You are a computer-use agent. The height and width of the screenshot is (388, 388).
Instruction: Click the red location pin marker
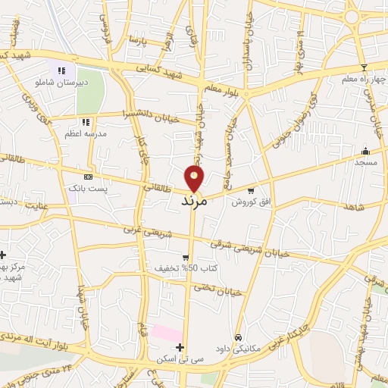(x=195, y=178)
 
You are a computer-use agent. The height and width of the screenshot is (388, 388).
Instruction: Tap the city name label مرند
(x=194, y=202)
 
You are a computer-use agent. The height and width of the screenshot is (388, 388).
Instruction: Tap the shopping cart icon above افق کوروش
(x=251, y=190)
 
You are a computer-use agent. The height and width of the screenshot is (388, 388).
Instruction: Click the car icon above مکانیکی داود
(x=239, y=337)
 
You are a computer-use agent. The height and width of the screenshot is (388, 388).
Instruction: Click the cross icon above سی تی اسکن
(x=180, y=346)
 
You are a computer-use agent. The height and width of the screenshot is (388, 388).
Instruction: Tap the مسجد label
(x=366, y=163)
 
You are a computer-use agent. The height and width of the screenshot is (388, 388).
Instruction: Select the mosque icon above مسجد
(x=366, y=150)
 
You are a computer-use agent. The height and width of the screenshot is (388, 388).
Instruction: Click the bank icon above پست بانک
(x=89, y=176)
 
